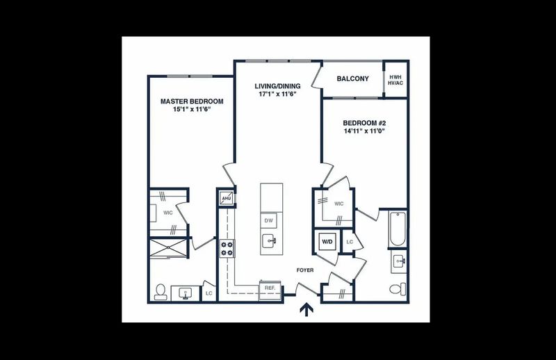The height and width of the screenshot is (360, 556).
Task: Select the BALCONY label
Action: tap(352, 79)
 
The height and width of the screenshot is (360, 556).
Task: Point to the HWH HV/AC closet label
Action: tap(395, 79)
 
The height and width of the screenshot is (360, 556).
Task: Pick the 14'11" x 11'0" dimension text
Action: tap(364, 131)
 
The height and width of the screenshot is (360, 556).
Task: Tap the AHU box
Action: tap(226, 199)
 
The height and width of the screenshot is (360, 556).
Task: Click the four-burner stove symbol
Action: tap(227, 248)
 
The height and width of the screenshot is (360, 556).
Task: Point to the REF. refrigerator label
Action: tap(270, 286)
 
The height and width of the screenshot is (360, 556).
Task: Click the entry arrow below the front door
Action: tap(305, 309)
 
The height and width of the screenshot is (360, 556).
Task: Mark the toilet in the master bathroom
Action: tap(160, 291)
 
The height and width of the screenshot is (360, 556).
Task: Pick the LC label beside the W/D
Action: tap(350, 242)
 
